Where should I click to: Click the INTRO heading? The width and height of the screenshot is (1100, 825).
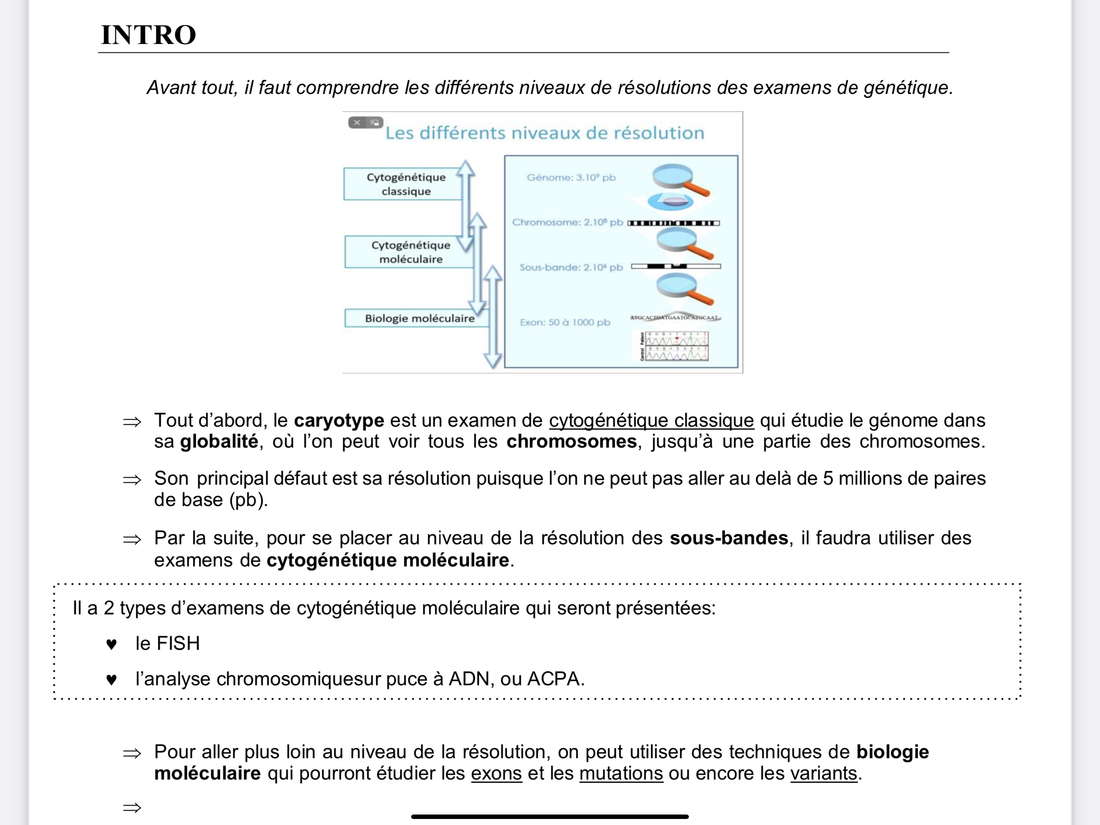148,35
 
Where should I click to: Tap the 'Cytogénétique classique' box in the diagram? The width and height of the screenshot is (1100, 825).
405,184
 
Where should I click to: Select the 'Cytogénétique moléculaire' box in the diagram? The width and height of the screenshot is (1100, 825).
410,252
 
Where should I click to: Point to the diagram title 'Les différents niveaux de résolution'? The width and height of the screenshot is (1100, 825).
544,133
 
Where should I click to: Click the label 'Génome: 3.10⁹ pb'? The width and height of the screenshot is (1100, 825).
571,178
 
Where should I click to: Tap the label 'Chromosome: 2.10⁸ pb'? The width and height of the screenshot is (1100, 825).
567,222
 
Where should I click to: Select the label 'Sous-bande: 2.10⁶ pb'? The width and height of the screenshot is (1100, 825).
571,267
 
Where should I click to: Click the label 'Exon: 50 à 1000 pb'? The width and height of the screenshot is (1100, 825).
565,322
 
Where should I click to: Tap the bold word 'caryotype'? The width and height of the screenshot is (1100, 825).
339,421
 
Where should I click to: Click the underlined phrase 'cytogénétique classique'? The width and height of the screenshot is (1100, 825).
651,421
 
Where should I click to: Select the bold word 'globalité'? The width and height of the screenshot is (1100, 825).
219,442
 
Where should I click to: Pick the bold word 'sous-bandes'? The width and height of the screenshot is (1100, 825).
728,538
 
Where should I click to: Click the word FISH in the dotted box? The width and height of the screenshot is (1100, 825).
178,643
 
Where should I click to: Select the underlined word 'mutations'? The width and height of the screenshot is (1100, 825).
621,773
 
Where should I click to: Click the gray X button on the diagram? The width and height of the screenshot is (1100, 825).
357,122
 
